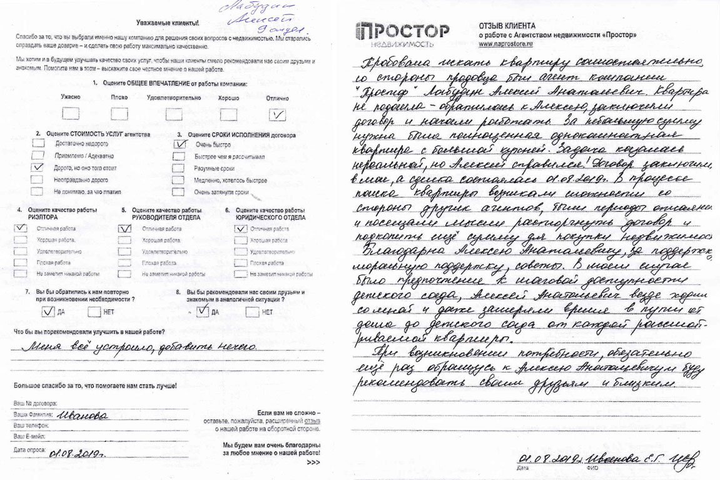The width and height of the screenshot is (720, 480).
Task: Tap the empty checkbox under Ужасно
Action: click(70, 114)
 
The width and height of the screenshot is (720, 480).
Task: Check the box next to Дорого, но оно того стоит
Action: click(39, 167)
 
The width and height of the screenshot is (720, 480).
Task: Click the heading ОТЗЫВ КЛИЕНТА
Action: click(507, 26)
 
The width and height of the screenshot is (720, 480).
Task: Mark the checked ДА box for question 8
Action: click(202, 311)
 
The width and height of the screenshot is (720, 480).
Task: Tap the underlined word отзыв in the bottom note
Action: click(313, 421)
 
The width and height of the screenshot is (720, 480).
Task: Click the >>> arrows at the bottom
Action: click(313, 462)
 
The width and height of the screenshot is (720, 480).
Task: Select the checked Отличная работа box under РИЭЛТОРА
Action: click(21, 229)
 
